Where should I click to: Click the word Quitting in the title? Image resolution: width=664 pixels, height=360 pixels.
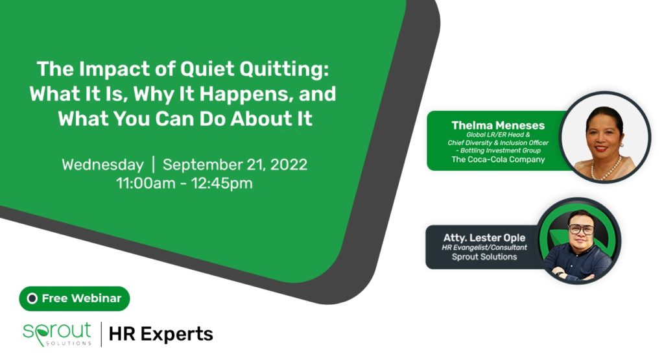[x=284, y=69]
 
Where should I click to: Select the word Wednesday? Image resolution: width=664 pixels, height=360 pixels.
[x=103, y=165]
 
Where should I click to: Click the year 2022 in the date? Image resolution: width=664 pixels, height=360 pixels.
[x=289, y=164]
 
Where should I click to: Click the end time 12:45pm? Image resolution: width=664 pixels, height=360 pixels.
[x=222, y=184]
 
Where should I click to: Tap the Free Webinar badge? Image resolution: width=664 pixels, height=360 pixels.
[x=75, y=298]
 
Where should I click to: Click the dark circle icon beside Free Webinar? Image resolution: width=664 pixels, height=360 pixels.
[x=32, y=298]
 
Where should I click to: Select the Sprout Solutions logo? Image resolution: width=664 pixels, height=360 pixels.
[x=57, y=334]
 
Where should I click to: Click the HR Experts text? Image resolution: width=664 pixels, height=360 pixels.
[x=161, y=334]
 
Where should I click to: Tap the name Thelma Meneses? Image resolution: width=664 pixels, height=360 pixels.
[x=498, y=125]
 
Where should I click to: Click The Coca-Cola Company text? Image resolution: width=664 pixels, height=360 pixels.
[x=498, y=160]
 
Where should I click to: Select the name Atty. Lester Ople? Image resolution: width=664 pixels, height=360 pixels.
[x=484, y=238]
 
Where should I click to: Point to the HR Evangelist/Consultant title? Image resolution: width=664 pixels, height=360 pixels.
[x=484, y=247]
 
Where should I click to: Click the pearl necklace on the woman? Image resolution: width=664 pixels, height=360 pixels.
[x=606, y=169]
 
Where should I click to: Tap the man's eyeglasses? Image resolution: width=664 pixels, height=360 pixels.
[x=581, y=229]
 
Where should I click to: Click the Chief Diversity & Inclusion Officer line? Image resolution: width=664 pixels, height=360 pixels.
[x=498, y=143]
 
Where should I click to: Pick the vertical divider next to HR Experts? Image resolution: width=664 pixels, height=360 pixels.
[x=101, y=334]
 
